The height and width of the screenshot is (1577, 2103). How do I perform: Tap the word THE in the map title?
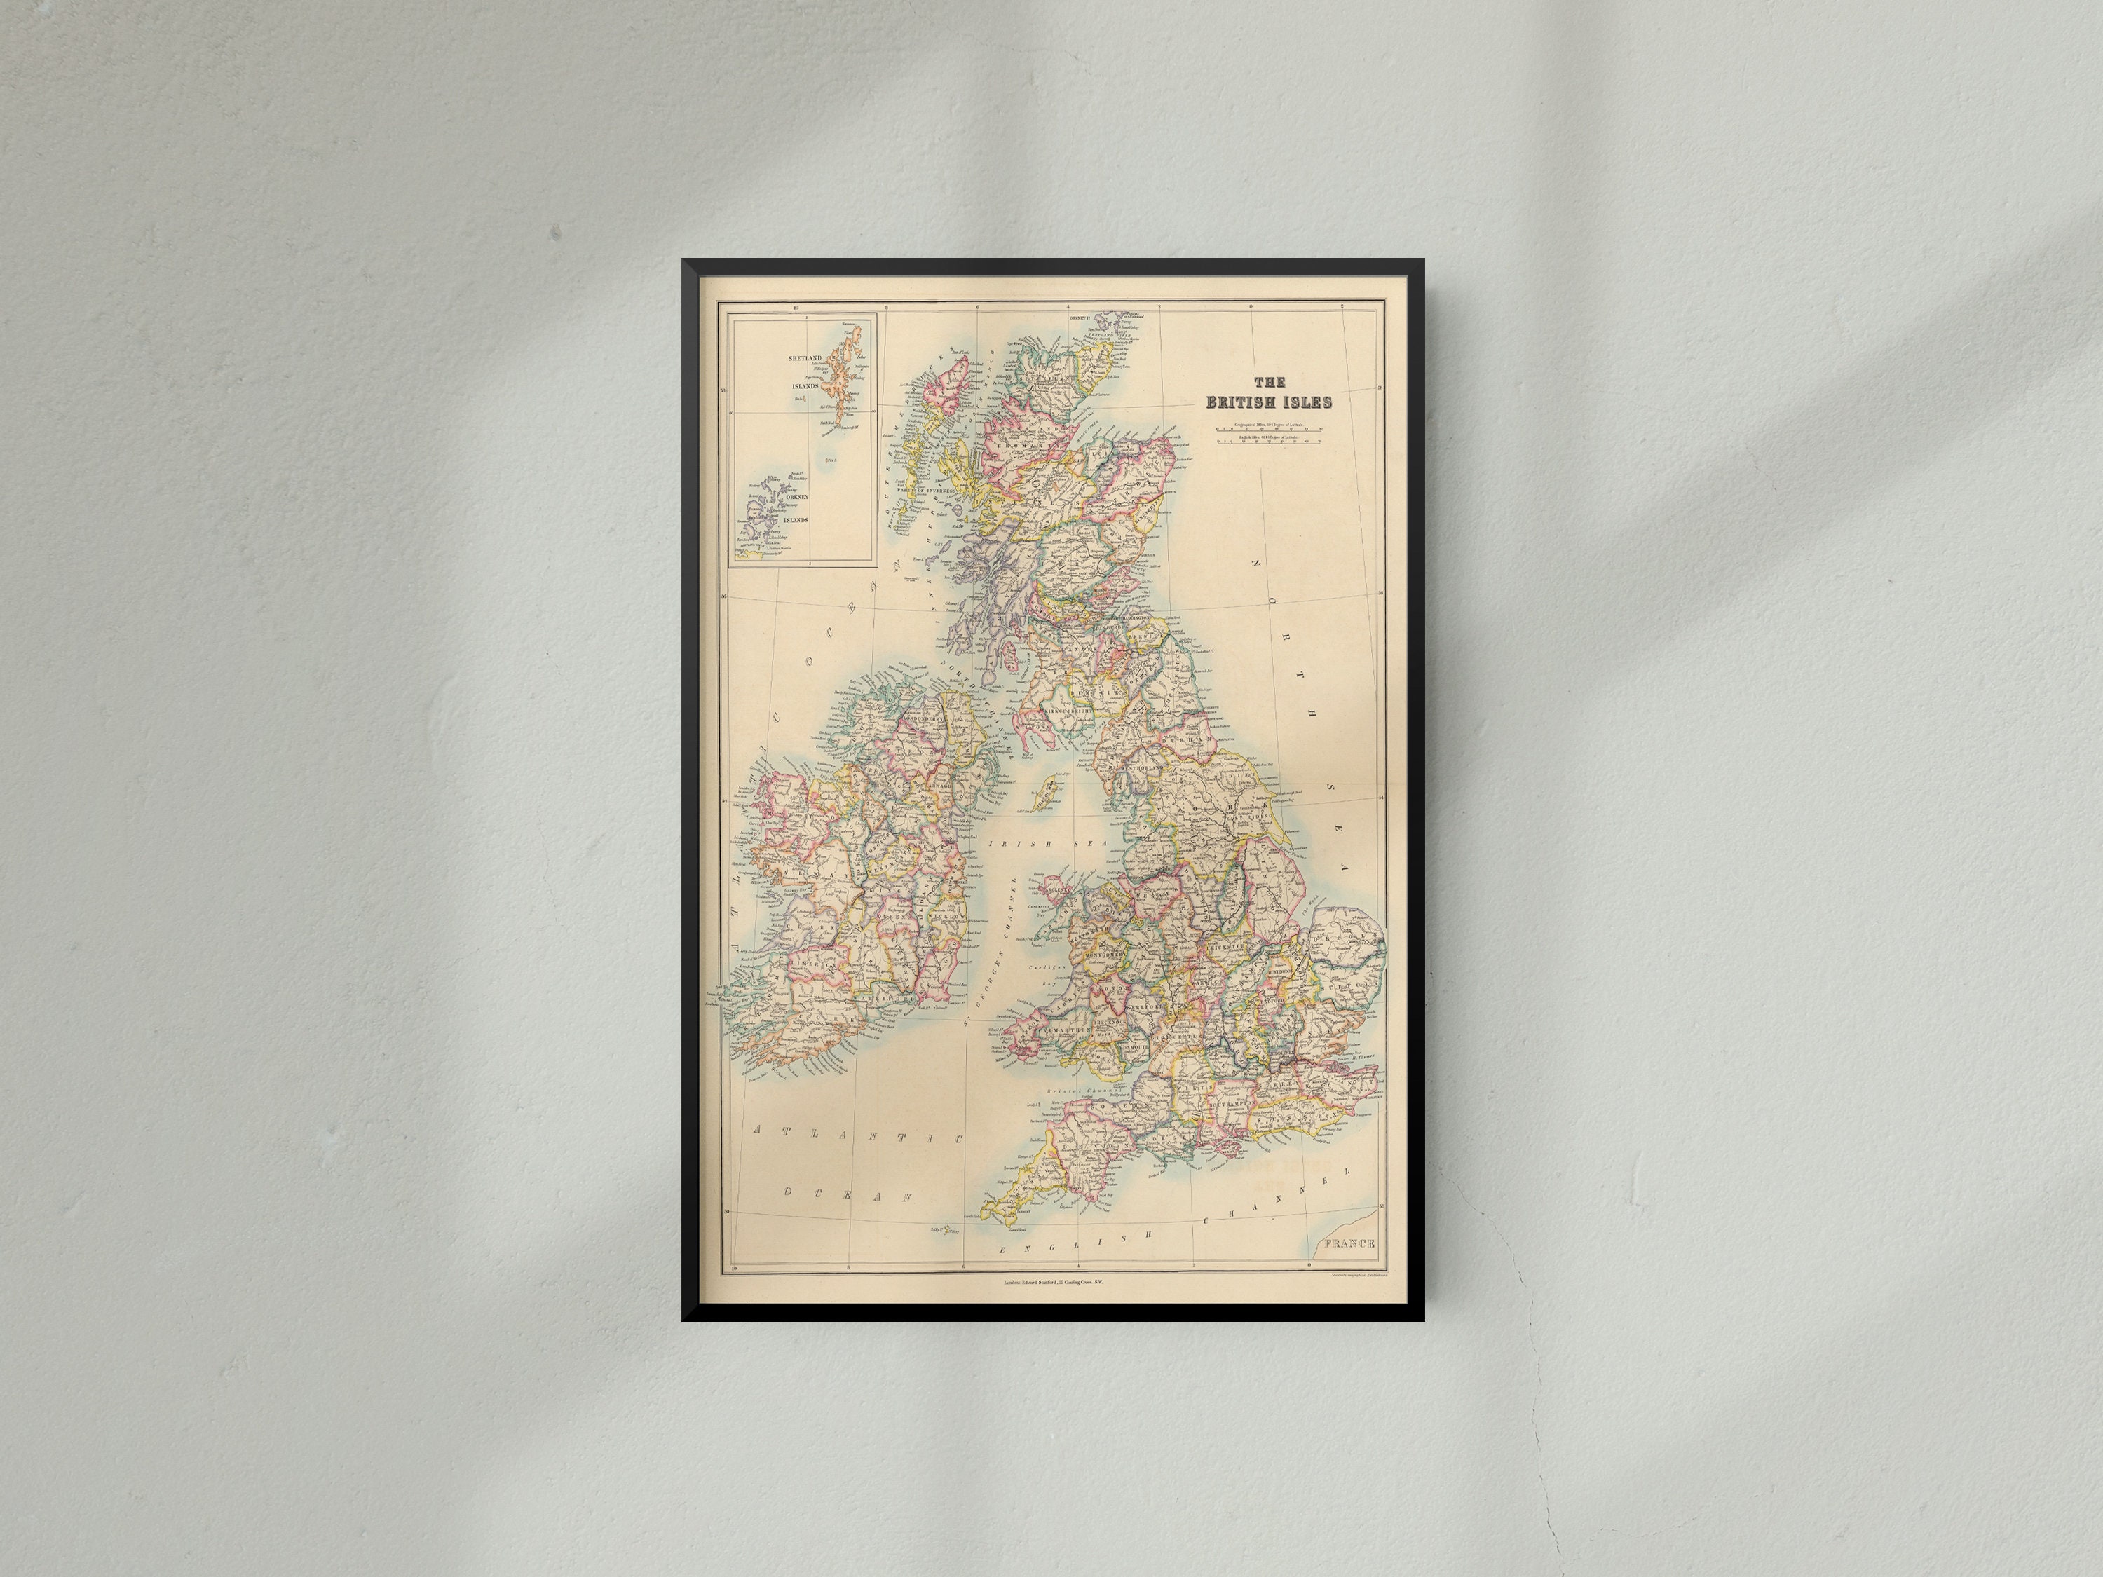pyautogui.click(x=1270, y=382)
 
